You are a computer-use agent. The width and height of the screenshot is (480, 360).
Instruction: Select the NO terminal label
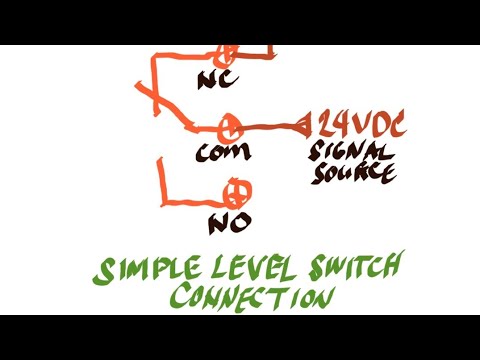228,222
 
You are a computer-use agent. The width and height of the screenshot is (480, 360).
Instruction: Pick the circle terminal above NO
238,191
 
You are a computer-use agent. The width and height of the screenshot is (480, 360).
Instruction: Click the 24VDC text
359,125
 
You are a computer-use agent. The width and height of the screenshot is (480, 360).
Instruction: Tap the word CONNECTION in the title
250,297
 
